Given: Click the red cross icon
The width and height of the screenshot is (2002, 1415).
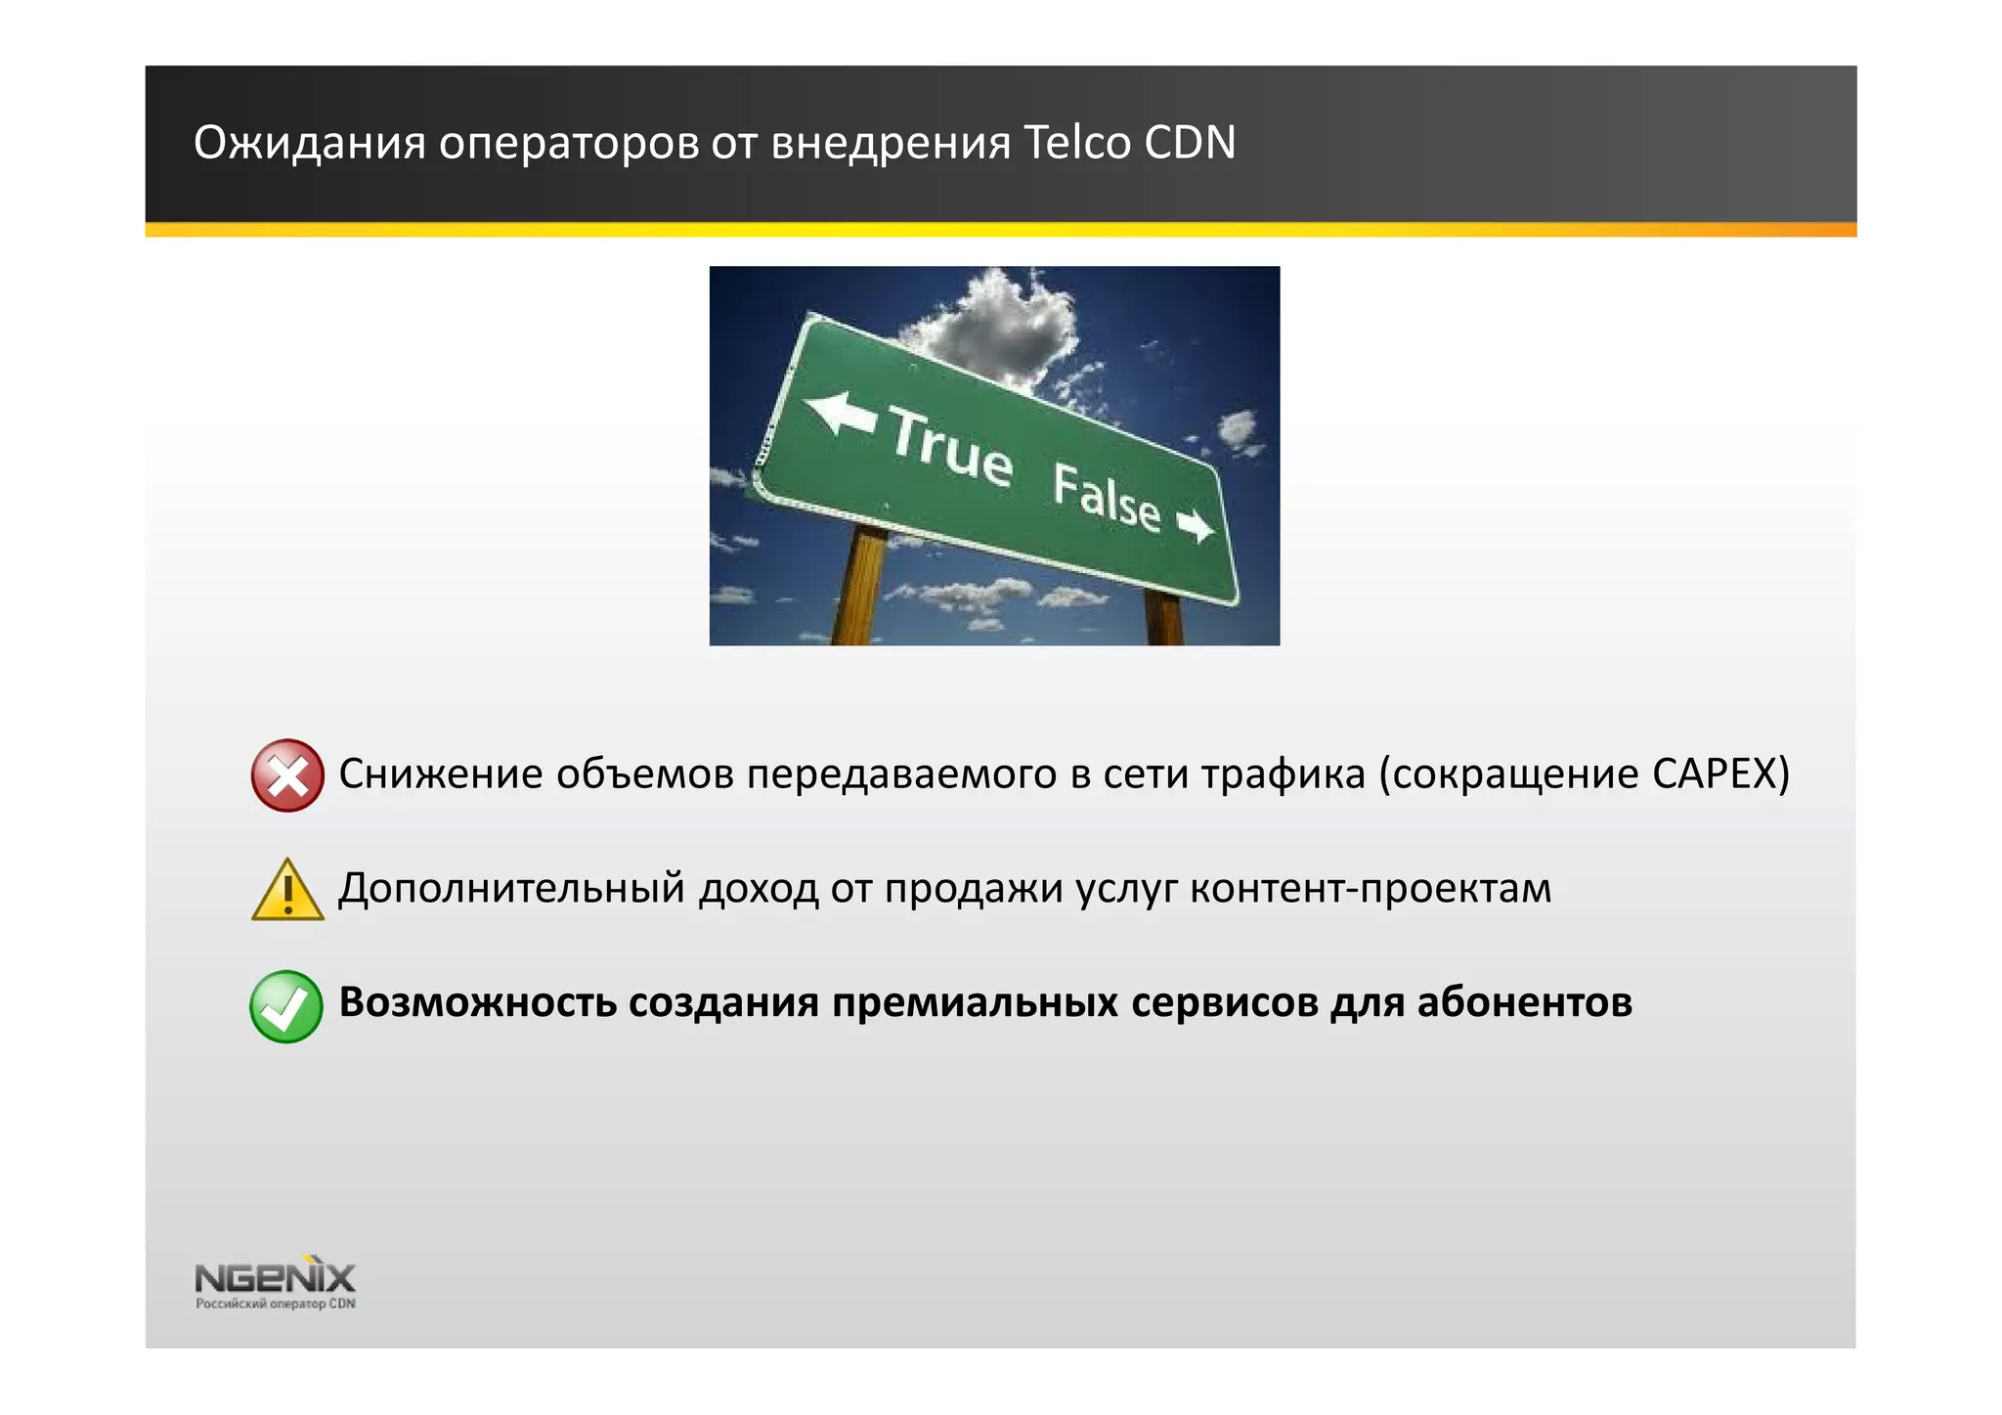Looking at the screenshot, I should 286,774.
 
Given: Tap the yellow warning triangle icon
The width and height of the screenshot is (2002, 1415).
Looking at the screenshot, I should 287,890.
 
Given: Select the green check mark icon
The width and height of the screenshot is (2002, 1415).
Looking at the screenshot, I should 286,1005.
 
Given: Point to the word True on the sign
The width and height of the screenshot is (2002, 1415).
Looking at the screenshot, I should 949,449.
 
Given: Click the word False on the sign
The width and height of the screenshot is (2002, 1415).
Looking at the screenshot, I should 1107,496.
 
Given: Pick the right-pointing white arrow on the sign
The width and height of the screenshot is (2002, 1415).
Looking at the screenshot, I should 1195,526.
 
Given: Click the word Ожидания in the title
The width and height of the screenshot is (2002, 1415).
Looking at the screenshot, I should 309,143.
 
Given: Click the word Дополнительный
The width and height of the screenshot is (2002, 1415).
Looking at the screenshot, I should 511,888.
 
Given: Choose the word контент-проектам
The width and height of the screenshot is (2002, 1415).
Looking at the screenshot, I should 1371,888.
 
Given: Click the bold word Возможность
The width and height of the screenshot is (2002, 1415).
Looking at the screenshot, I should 477,1002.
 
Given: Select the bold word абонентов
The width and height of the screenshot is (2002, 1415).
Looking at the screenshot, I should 1524,1002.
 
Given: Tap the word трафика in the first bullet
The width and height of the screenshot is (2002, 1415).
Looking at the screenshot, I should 1282,774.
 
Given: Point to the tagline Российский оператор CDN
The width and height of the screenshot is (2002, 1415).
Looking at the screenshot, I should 275,1304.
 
